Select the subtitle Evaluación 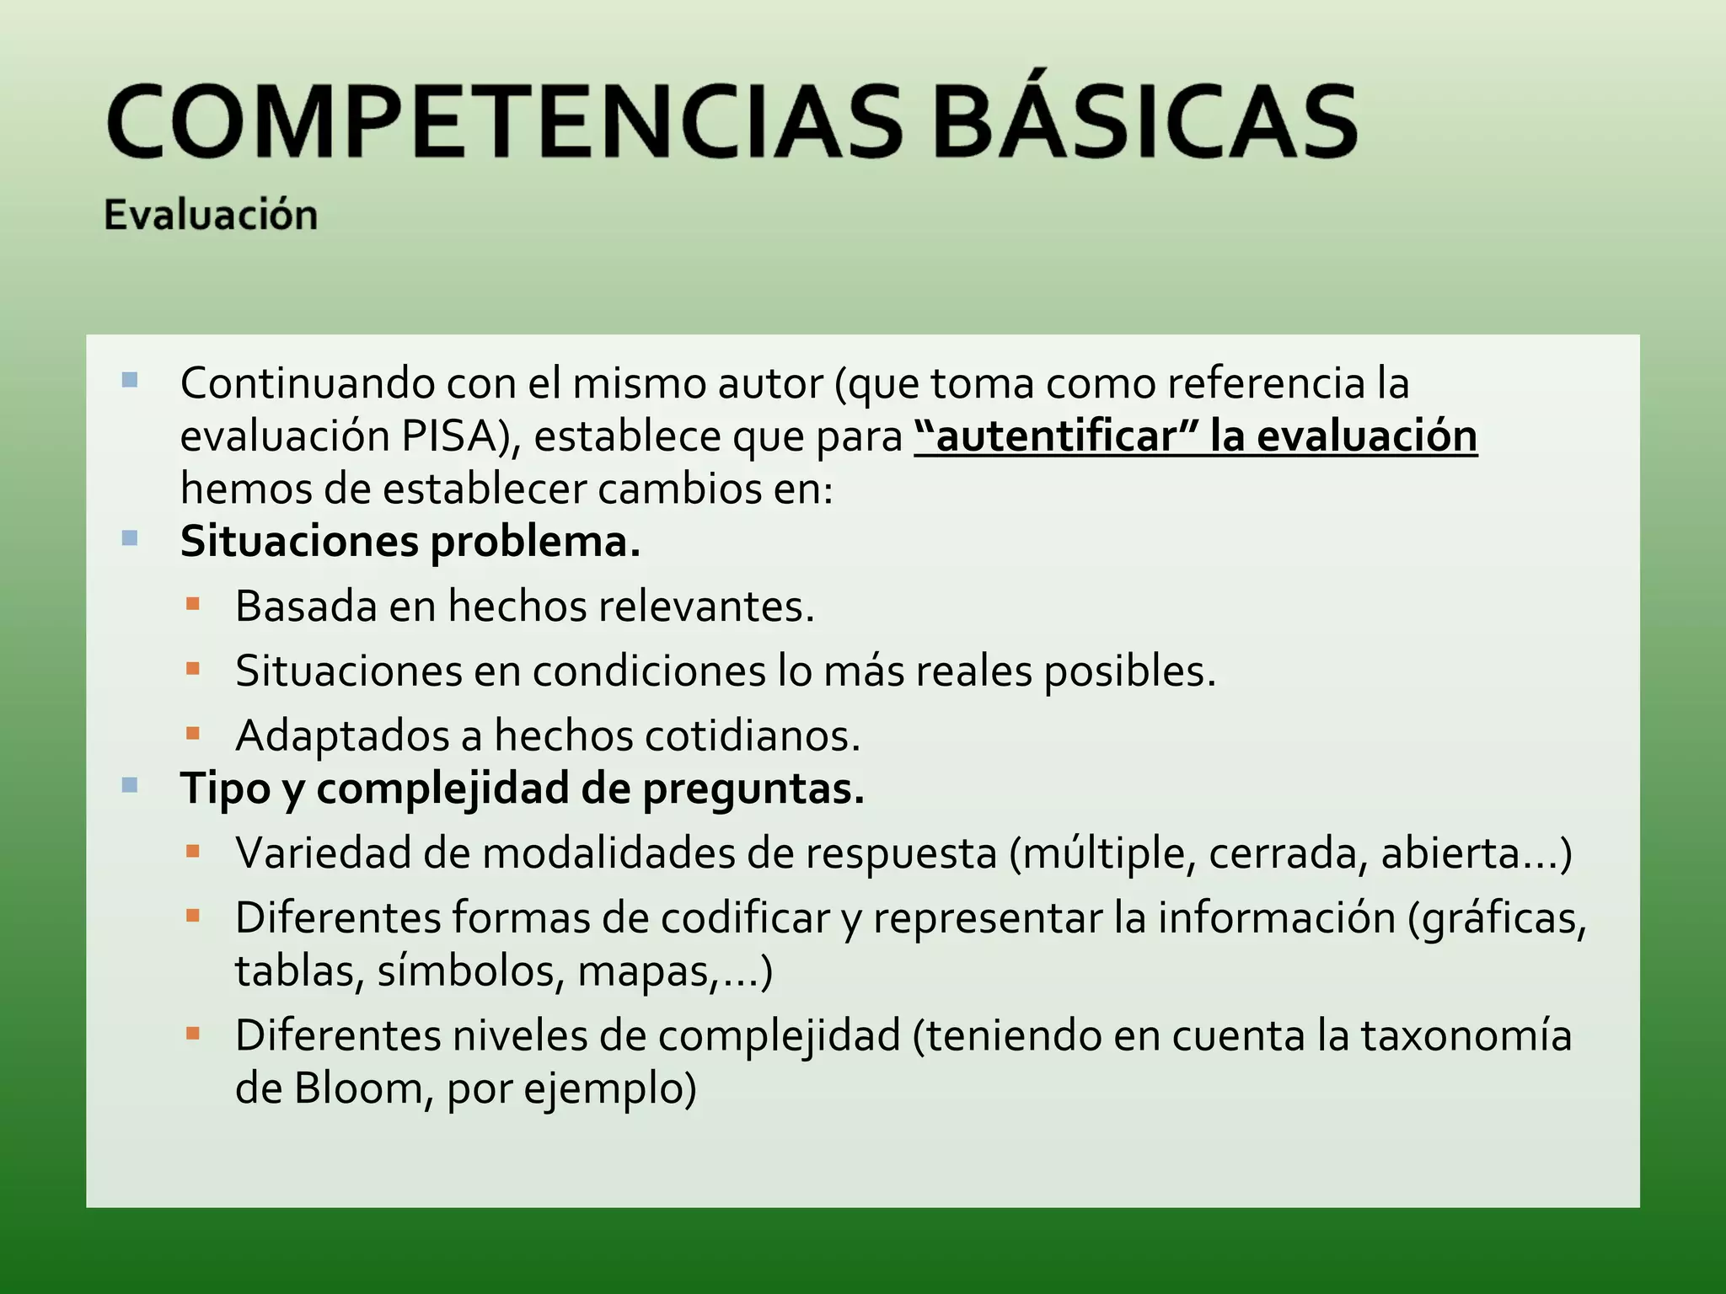coord(211,215)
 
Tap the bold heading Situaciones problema coord(410,542)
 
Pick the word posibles coord(1129,671)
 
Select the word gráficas coord(1497,918)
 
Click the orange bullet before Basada coord(193,604)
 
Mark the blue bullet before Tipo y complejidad coord(130,786)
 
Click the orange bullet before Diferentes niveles coord(193,1033)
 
